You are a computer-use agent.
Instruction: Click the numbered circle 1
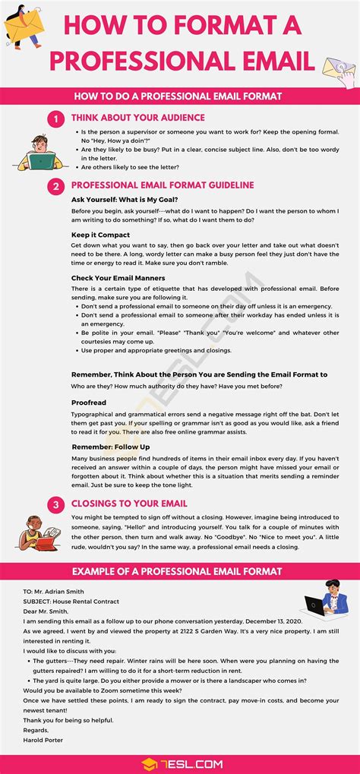pyautogui.click(x=55, y=118)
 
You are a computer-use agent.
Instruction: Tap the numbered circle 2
pyautogui.click(x=55, y=186)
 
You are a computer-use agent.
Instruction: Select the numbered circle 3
pyautogui.click(x=55, y=504)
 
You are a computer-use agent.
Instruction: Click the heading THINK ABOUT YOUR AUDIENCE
pyautogui.click(x=137, y=118)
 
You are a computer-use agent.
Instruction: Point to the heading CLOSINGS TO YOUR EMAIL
pyautogui.click(x=128, y=504)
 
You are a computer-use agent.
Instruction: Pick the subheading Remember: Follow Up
pyautogui.click(x=110, y=447)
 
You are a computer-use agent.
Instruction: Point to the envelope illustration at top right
pyautogui.click(x=339, y=71)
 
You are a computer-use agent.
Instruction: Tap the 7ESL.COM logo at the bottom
pyautogui.click(x=179, y=763)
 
